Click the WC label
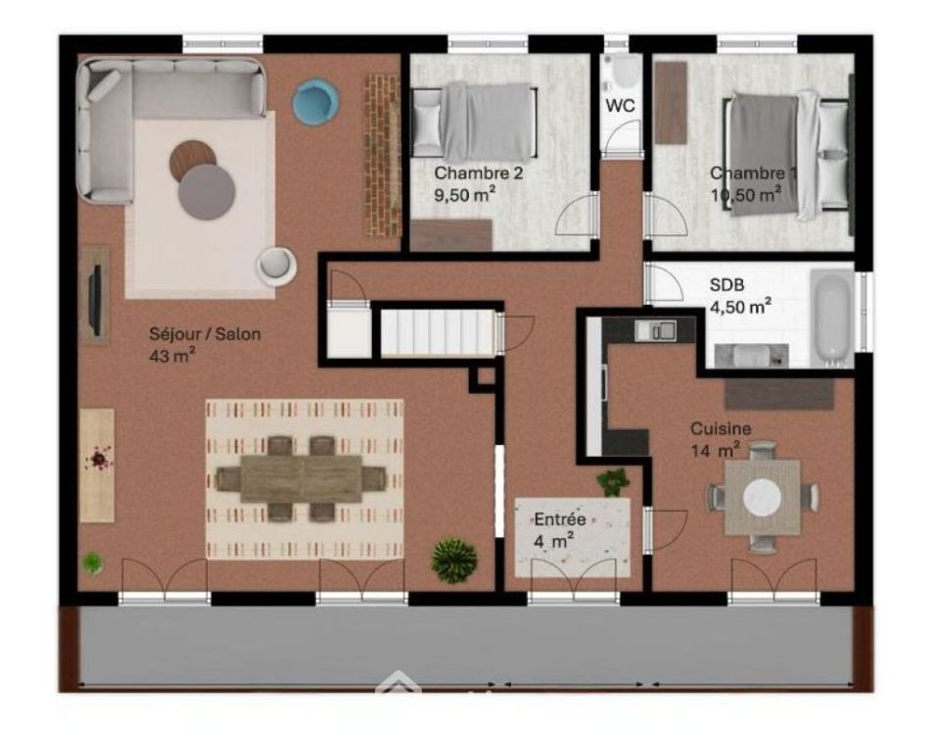point(620,106)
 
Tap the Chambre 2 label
point(479,173)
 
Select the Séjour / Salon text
point(205,334)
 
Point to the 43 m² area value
point(173,356)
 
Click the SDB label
point(726,285)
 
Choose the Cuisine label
point(721,428)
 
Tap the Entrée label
point(560,519)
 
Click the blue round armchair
point(316,102)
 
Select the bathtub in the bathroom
point(834,318)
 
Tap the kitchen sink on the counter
point(655,330)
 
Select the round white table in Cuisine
point(763,496)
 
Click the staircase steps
point(438,333)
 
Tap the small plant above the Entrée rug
point(613,482)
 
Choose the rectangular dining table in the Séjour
point(302,478)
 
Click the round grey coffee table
point(207,192)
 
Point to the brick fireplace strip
point(383,156)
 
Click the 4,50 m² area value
point(740,307)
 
